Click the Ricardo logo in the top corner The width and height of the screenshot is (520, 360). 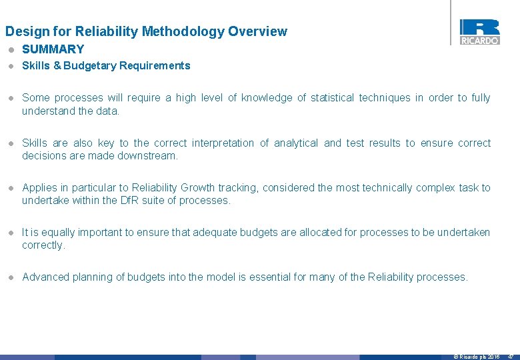tap(479, 31)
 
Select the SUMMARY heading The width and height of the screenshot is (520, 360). tap(53, 49)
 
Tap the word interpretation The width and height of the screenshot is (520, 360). tap(223, 143)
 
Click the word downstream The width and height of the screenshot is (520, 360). tap(152, 156)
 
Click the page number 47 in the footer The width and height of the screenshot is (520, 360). tap(511, 357)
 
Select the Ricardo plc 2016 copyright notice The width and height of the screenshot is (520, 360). tap(477, 357)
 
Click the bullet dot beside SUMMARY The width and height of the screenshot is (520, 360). tap(11, 49)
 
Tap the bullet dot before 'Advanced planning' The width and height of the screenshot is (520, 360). tap(11, 277)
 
